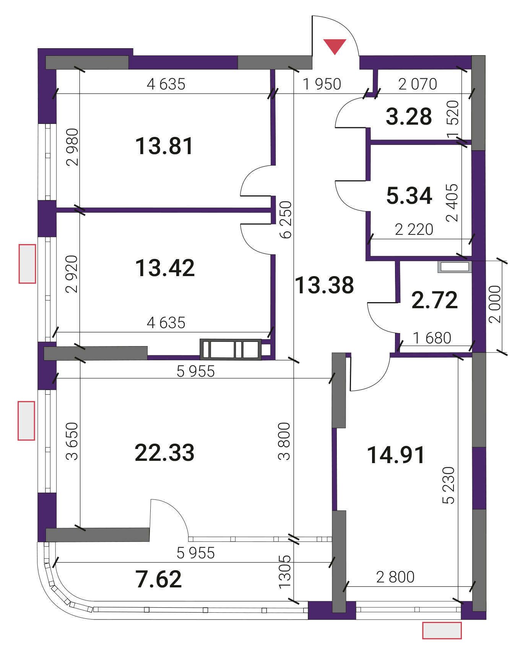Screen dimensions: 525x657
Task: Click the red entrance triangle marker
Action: (335, 46)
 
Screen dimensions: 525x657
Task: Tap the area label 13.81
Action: (164, 146)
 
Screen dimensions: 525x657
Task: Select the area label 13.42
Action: (165, 268)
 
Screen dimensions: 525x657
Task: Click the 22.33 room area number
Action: (164, 453)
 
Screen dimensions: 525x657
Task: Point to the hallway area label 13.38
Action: (324, 285)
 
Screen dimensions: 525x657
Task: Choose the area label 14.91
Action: (396, 455)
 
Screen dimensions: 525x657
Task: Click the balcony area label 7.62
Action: (159, 579)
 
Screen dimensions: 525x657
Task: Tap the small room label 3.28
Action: (409, 116)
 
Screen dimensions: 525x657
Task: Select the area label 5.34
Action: (409, 195)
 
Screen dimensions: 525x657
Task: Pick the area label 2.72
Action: (434, 300)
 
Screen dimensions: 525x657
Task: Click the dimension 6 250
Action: (286, 220)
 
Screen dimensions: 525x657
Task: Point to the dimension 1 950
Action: (322, 84)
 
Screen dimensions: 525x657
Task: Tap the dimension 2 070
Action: (418, 84)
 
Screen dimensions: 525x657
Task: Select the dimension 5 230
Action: (448, 485)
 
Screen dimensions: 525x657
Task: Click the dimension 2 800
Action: (395, 577)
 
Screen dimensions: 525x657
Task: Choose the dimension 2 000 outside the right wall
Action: (494, 304)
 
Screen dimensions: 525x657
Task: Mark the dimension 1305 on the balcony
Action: (285, 572)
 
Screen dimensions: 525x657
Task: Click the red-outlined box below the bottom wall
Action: (442, 630)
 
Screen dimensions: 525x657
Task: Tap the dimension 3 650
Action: (72, 441)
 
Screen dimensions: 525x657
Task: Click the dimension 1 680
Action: (432, 338)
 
